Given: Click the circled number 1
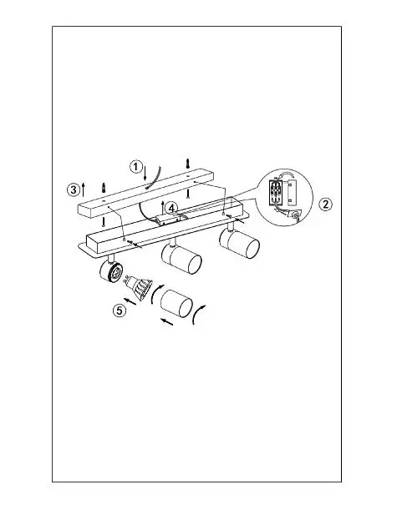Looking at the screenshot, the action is (135, 166).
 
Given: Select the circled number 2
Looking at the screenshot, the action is (325, 204).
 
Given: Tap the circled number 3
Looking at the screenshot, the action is (74, 189).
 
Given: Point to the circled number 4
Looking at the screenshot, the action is (171, 209).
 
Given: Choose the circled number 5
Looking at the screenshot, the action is (120, 310).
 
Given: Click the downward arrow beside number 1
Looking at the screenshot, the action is (145, 173).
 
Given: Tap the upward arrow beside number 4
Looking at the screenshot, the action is (162, 207).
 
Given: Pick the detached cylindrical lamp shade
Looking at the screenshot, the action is (176, 303).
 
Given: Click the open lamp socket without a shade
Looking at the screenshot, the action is (111, 270).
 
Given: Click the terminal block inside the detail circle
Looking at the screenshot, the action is (275, 192).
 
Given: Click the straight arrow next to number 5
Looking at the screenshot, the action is (130, 301).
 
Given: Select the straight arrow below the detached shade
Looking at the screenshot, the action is (167, 321).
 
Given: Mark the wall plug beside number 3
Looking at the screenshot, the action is (104, 187).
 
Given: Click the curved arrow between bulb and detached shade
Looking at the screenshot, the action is (154, 294).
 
